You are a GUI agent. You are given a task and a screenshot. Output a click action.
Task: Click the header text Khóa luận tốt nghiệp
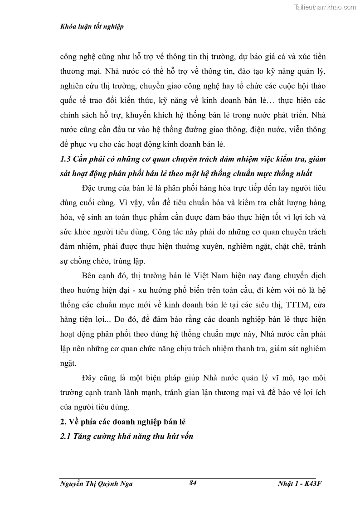pyautogui.click(x=92, y=27)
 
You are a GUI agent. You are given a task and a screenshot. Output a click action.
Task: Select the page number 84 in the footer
pyautogui.click(x=193, y=483)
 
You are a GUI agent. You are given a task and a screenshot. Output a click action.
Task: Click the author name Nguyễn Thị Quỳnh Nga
pyautogui.click(x=96, y=484)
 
